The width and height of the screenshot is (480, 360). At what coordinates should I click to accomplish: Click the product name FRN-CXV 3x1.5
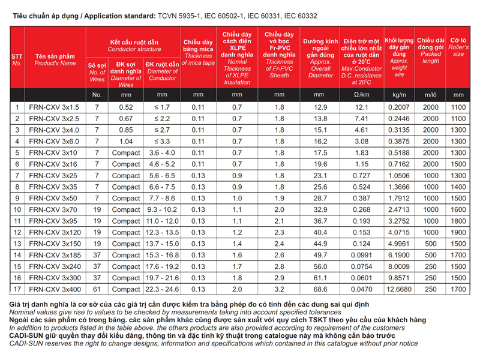pyautogui.click(x=54, y=107)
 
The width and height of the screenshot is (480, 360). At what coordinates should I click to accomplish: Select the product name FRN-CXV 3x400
pyautogui.click(x=55, y=289)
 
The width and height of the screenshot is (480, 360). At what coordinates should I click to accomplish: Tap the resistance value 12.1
pyautogui.click(x=361, y=107)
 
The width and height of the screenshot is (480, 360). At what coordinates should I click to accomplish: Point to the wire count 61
pyautogui.click(x=97, y=289)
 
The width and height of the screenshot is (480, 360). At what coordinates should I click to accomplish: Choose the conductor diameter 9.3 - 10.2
pyautogui.click(x=162, y=209)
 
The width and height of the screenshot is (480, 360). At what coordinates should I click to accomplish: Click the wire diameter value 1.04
pyautogui.click(x=126, y=141)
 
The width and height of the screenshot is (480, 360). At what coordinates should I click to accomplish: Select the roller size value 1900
pyautogui.click(x=458, y=232)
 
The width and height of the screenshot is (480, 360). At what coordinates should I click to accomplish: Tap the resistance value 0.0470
pyautogui.click(x=361, y=289)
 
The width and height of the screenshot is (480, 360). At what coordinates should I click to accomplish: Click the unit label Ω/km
pyautogui.click(x=361, y=95)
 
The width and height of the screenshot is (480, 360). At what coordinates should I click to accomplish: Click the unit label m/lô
pyautogui.click(x=431, y=95)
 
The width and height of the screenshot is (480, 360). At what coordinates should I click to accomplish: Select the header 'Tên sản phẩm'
pyautogui.click(x=55, y=55)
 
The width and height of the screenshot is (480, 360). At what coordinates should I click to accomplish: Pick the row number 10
pyautogui.click(x=17, y=209)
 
